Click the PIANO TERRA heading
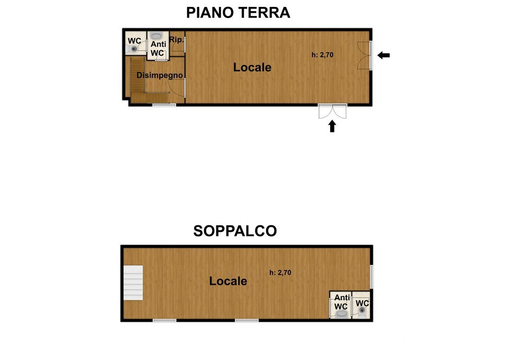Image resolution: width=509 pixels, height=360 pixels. (238, 13)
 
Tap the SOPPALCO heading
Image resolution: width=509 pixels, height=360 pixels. (235, 231)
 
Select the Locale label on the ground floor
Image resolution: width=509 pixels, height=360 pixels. (252, 68)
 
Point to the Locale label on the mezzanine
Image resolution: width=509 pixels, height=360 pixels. (228, 281)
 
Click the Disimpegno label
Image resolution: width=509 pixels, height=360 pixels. (160, 75)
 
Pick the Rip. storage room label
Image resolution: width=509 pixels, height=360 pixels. (177, 40)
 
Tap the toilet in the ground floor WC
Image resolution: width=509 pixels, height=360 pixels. (134, 49)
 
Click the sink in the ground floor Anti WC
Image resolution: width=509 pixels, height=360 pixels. (157, 34)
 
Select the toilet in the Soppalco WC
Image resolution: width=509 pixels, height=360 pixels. (362, 312)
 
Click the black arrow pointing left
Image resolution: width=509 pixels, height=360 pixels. (383, 55)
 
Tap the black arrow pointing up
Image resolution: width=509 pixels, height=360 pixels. (332, 126)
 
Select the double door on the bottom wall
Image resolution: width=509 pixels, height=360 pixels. (332, 111)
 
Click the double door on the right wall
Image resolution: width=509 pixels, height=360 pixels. (363, 55)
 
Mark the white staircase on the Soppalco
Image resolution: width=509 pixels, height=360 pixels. (133, 283)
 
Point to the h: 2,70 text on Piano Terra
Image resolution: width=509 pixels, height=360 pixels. (322, 54)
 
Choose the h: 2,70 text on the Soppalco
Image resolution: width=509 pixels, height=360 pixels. (280, 273)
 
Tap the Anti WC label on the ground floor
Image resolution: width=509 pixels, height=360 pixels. (157, 49)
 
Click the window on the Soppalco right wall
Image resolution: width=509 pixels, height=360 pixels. (372, 277)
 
